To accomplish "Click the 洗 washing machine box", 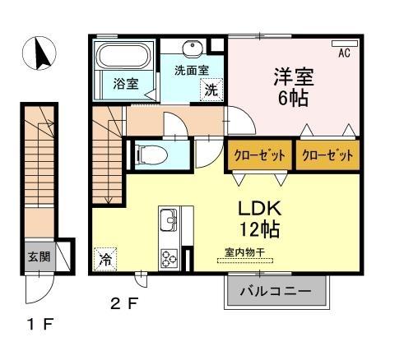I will click(x=211, y=90).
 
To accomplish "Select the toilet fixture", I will click(x=150, y=154).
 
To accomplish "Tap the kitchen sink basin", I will click(x=168, y=220).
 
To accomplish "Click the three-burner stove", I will click(x=169, y=256).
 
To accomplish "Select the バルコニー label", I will click(x=276, y=291).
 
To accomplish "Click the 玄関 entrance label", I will click(x=39, y=256).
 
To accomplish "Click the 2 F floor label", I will click(x=126, y=304).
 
